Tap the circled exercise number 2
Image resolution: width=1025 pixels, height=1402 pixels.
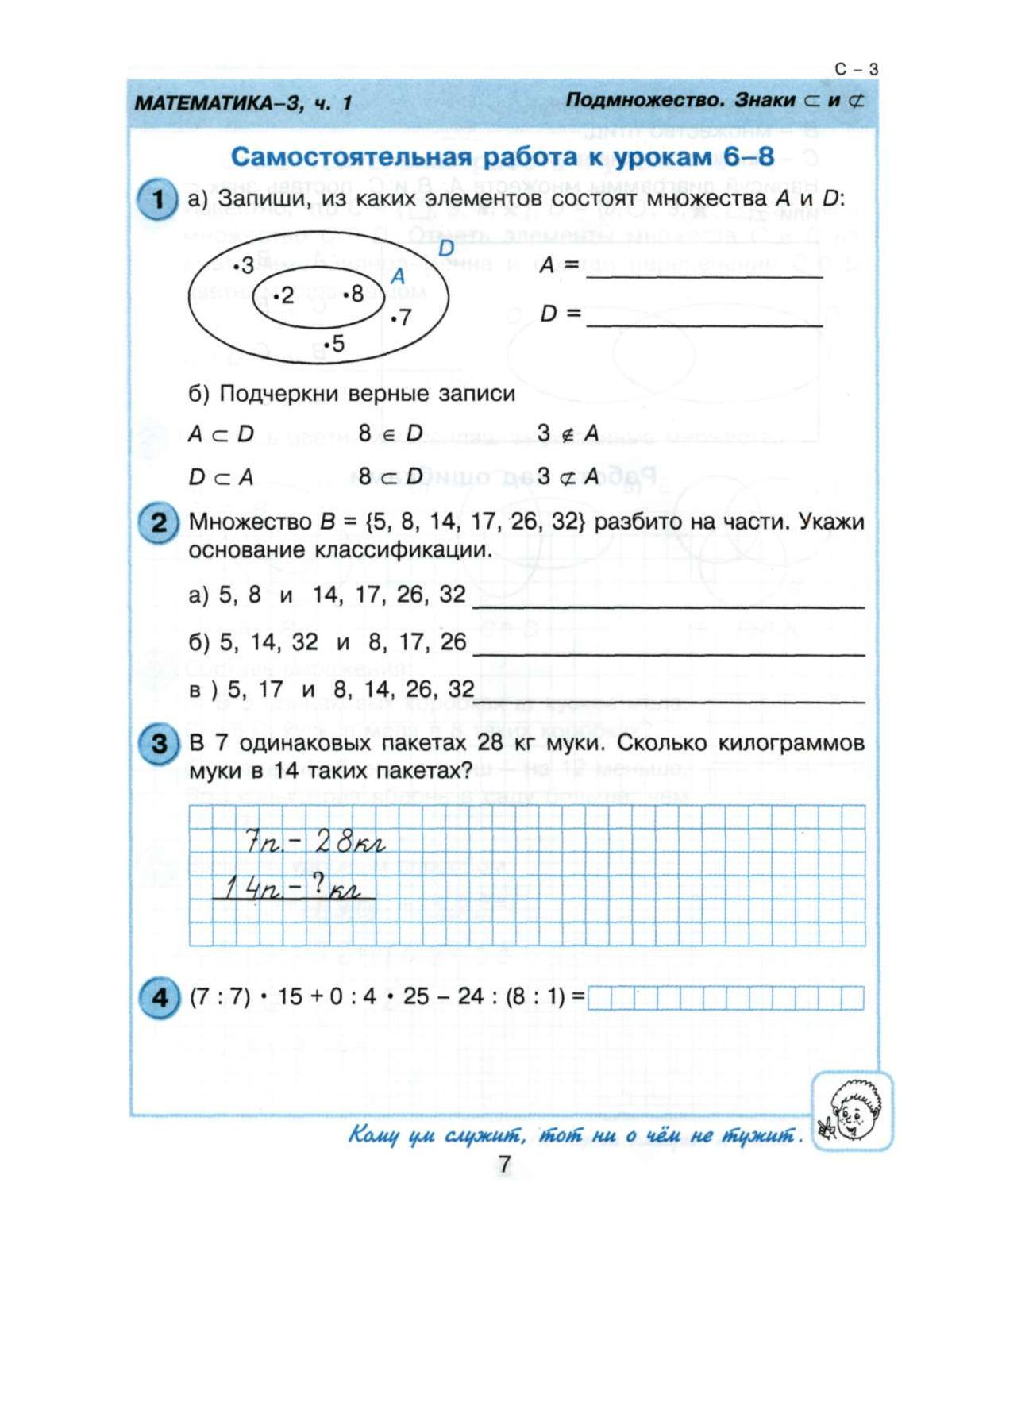157,523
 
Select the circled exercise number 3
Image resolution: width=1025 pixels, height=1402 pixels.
157,745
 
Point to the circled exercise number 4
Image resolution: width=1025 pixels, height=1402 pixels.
157,997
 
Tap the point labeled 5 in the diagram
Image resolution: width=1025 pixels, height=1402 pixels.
334,344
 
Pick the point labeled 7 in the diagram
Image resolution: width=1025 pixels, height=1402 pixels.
401,318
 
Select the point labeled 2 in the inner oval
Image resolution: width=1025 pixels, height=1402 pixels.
283,296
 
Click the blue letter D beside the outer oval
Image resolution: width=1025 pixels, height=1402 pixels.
445,248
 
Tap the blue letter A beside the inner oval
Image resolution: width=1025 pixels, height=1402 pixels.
398,275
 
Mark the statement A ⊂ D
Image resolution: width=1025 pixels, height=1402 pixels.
221,433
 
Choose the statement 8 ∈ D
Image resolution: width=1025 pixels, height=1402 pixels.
391,433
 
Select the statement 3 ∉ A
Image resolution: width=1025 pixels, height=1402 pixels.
568,433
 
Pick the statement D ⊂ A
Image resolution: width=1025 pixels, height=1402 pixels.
221,477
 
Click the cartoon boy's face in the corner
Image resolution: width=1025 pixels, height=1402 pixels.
852,1111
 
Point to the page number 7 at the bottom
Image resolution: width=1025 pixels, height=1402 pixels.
504,1165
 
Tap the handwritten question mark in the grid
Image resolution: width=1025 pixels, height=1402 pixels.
318,885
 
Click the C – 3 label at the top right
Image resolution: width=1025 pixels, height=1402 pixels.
857,70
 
